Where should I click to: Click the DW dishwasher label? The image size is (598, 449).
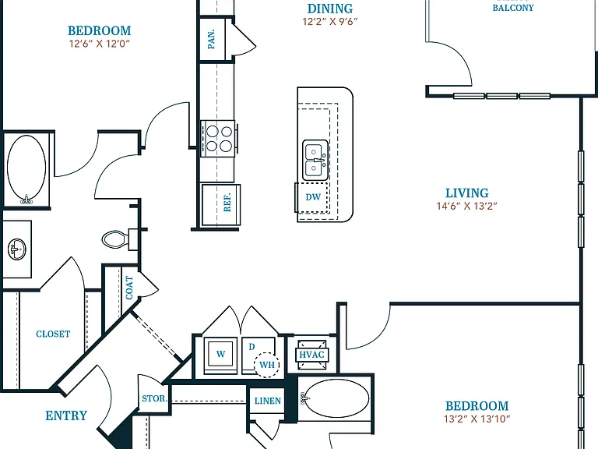(313, 197)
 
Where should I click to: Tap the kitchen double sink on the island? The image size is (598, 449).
(315, 160)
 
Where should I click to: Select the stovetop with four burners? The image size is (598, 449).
(218, 138)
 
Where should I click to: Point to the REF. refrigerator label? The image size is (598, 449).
(227, 203)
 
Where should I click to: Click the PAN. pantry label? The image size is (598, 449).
(211, 39)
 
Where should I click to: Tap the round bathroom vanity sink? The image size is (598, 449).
(16, 249)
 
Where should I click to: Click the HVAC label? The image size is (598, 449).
(311, 355)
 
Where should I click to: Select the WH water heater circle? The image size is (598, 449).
(266, 365)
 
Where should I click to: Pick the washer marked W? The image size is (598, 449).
(220, 355)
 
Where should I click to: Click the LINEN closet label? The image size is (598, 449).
(268, 401)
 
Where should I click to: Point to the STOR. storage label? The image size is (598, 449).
(154, 398)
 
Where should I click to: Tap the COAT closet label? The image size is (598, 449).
(130, 288)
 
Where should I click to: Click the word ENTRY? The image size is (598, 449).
(66, 415)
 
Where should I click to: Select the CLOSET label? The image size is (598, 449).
(53, 334)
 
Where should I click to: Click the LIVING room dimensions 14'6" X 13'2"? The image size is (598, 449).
(467, 206)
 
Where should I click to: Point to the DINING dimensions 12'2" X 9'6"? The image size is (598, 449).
(330, 21)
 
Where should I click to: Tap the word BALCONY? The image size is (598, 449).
(513, 8)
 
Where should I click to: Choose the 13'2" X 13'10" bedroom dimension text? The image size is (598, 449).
(477, 419)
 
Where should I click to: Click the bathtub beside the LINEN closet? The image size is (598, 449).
(336, 398)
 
